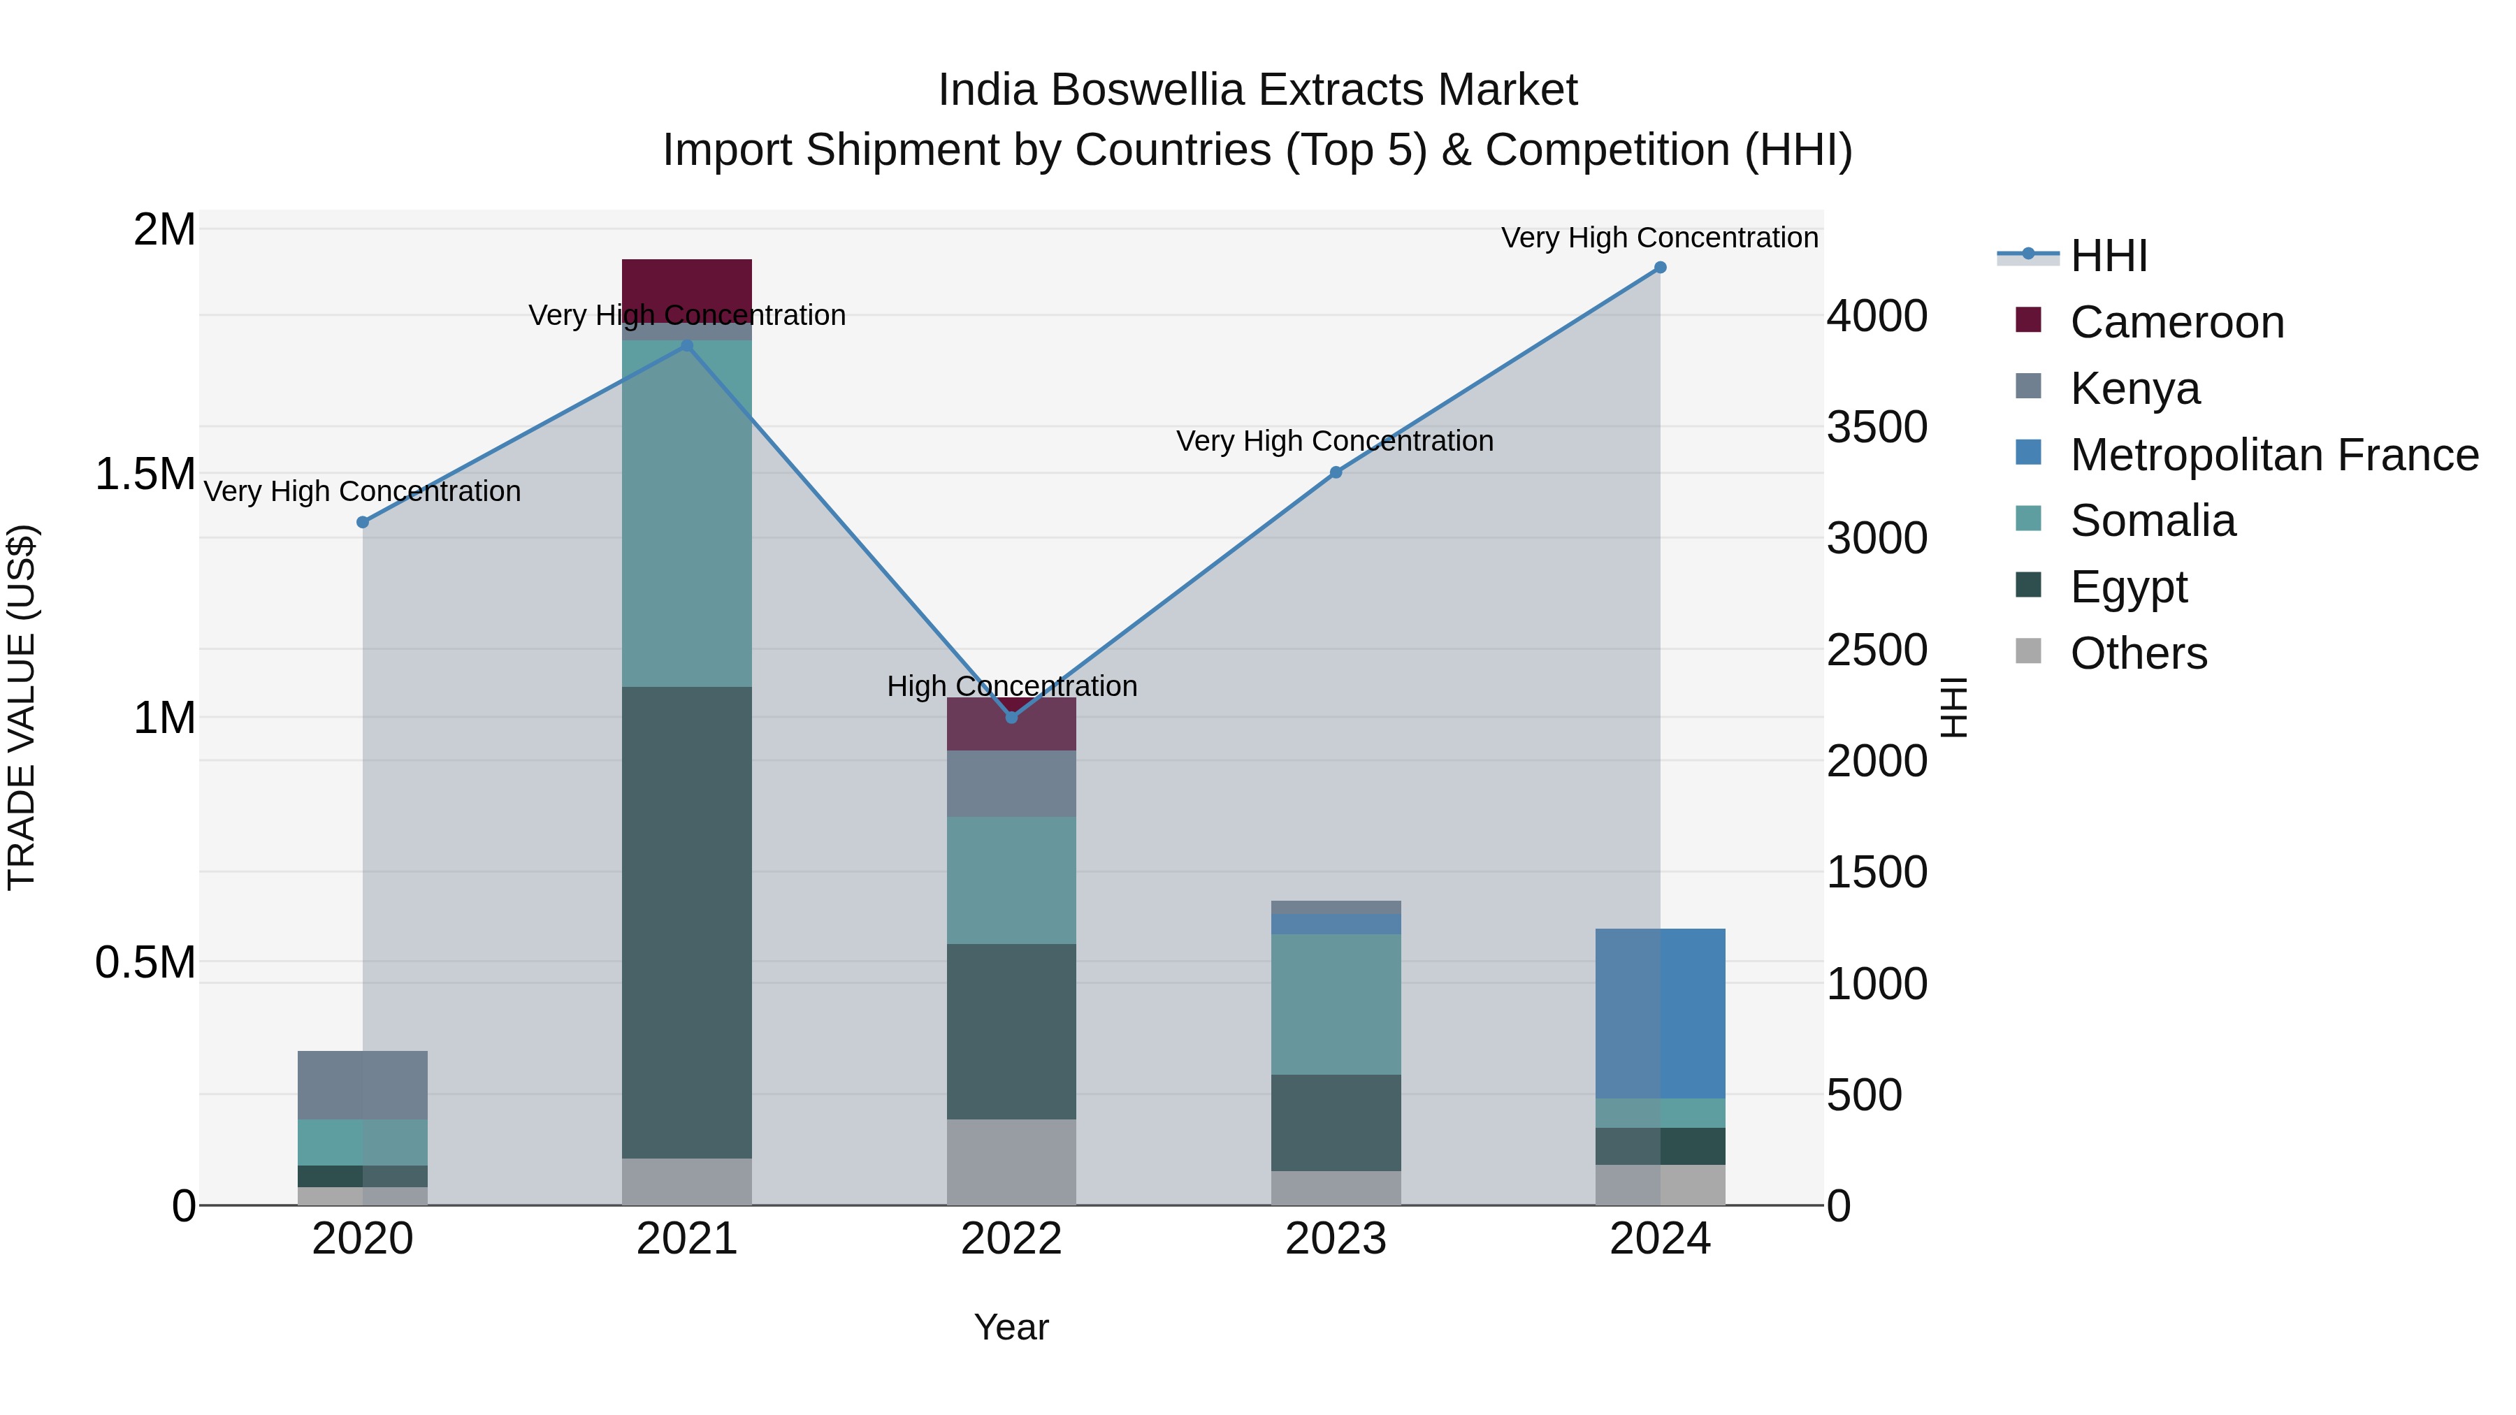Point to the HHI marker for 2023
1336,472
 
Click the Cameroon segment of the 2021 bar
686,283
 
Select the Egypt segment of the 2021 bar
686,923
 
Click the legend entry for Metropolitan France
2273,455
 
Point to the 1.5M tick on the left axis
145,474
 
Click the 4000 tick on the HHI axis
1877,317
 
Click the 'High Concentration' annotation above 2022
1012,686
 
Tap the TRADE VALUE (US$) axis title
22,707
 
